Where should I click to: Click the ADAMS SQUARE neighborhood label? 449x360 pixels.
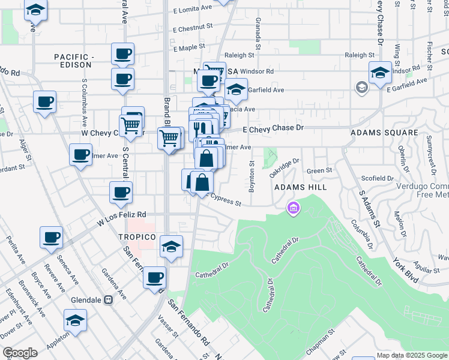pyautogui.click(x=384, y=132)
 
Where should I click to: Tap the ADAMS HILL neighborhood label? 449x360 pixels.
pyautogui.click(x=300, y=187)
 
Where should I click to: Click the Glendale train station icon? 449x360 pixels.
pyautogui.click(x=109, y=300)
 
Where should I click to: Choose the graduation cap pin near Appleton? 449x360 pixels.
pyautogui.click(x=76, y=321)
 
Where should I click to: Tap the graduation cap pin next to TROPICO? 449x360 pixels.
pyautogui.click(x=171, y=247)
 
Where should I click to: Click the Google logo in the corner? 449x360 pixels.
pyautogui.click(x=20, y=352)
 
